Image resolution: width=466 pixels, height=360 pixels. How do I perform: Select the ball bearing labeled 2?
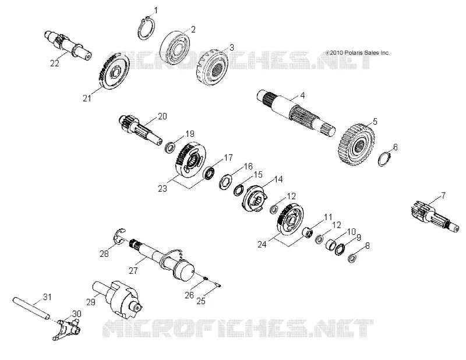point(175,47)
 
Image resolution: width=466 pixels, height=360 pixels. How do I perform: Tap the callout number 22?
point(54,63)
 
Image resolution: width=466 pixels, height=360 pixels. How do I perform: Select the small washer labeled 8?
point(352,258)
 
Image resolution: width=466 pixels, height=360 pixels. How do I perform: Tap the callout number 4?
point(302,96)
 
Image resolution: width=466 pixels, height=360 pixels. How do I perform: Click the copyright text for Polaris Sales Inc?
point(358,53)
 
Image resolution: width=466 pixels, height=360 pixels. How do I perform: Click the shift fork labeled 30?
point(67,329)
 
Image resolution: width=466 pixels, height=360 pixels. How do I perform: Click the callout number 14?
point(278,179)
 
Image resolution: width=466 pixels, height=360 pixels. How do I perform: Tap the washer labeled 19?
point(170,147)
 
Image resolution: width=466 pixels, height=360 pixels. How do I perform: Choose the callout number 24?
point(262,244)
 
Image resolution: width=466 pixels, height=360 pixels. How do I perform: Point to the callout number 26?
point(189,295)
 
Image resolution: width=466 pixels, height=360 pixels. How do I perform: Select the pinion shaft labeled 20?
point(140,130)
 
